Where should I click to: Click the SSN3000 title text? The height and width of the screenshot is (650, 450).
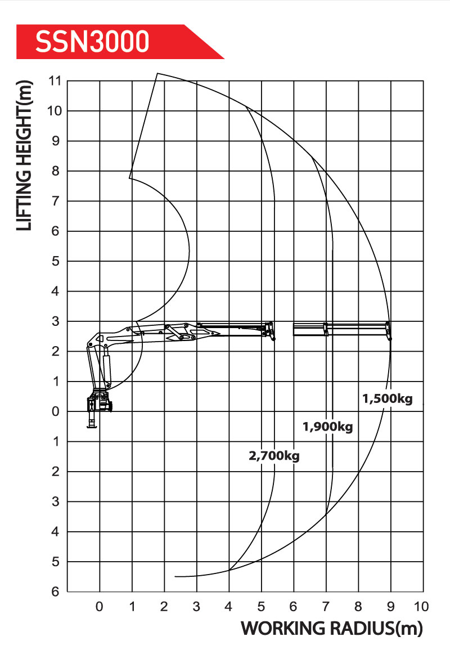[92, 42]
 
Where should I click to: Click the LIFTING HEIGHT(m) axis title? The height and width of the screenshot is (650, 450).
[24, 155]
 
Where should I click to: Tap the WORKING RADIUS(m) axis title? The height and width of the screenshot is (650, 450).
[332, 629]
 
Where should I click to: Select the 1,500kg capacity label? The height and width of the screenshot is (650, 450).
[388, 399]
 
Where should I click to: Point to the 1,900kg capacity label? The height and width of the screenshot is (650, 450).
[328, 427]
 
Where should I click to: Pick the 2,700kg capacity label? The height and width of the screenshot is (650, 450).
[274, 456]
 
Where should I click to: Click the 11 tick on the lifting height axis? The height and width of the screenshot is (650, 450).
[55, 81]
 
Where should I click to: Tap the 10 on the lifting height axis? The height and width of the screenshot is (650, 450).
[55, 111]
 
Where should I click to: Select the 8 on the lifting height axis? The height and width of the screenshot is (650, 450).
[56, 171]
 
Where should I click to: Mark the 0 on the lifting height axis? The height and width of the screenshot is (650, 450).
[56, 411]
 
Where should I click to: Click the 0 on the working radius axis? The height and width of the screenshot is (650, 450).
[100, 607]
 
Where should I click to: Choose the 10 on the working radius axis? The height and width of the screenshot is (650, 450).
[421, 607]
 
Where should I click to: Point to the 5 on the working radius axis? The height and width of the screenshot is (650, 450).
[261, 607]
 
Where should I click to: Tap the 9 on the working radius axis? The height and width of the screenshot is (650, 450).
[390, 607]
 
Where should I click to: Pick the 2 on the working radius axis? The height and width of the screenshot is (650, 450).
[164, 607]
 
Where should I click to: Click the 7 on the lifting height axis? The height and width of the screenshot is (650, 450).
[56, 201]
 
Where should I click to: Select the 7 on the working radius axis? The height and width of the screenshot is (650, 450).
[326, 607]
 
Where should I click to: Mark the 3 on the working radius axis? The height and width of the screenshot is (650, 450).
[196, 607]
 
